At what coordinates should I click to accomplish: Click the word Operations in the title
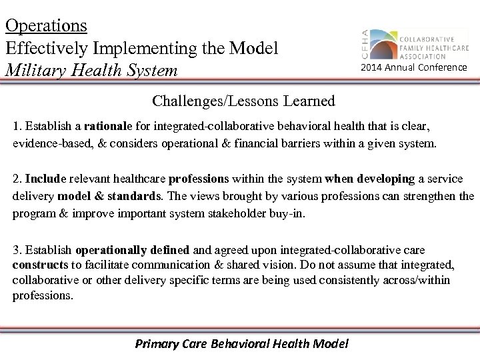46,25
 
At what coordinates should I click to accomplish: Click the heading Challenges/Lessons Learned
243,101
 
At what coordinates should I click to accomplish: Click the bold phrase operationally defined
133,251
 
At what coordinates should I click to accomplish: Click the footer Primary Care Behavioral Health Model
242,344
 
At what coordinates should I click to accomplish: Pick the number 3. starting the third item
18,251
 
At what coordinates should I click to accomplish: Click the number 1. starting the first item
18,127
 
